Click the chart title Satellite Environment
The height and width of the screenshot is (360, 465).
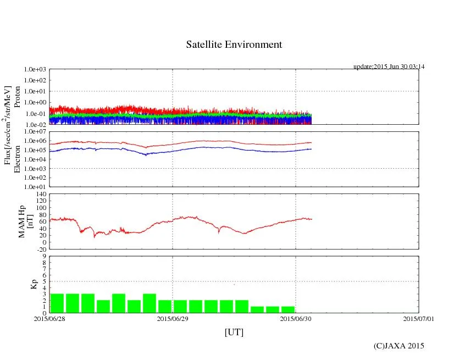[234, 45]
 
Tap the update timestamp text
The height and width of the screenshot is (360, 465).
[389, 67]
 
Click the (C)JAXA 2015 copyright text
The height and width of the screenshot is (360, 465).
[399, 346]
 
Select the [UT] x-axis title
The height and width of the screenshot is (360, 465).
[234, 332]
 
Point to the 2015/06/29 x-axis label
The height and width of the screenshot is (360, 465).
[173, 318]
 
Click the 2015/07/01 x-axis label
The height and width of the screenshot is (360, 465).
[419, 318]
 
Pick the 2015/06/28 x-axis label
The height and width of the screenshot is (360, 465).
[49, 318]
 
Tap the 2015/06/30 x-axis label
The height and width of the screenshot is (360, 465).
[296, 318]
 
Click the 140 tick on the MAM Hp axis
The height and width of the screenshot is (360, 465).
[40, 193]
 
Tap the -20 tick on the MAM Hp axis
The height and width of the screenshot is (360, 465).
[40, 249]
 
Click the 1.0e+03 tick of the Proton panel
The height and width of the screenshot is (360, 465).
[34, 70]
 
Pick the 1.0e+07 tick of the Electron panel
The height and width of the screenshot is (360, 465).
[34, 132]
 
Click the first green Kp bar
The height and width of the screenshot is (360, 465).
[57, 303]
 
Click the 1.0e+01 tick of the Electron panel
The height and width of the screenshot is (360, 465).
[34, 186]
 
